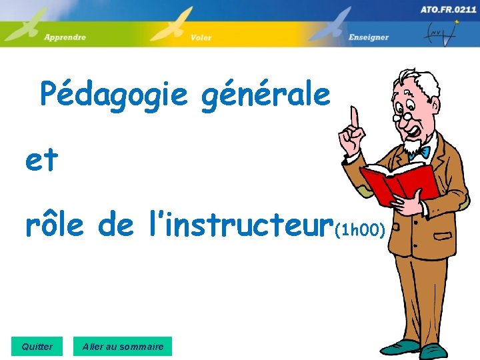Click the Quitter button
[37, 347]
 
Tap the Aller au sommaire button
[123, 347]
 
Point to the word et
[41, 161]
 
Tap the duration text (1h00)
[360, 231]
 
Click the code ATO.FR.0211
[448, 9]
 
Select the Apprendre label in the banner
[65, 37]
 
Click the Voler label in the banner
[201, 37]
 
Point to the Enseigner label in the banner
[368, 37]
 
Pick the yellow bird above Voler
[174, 24]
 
